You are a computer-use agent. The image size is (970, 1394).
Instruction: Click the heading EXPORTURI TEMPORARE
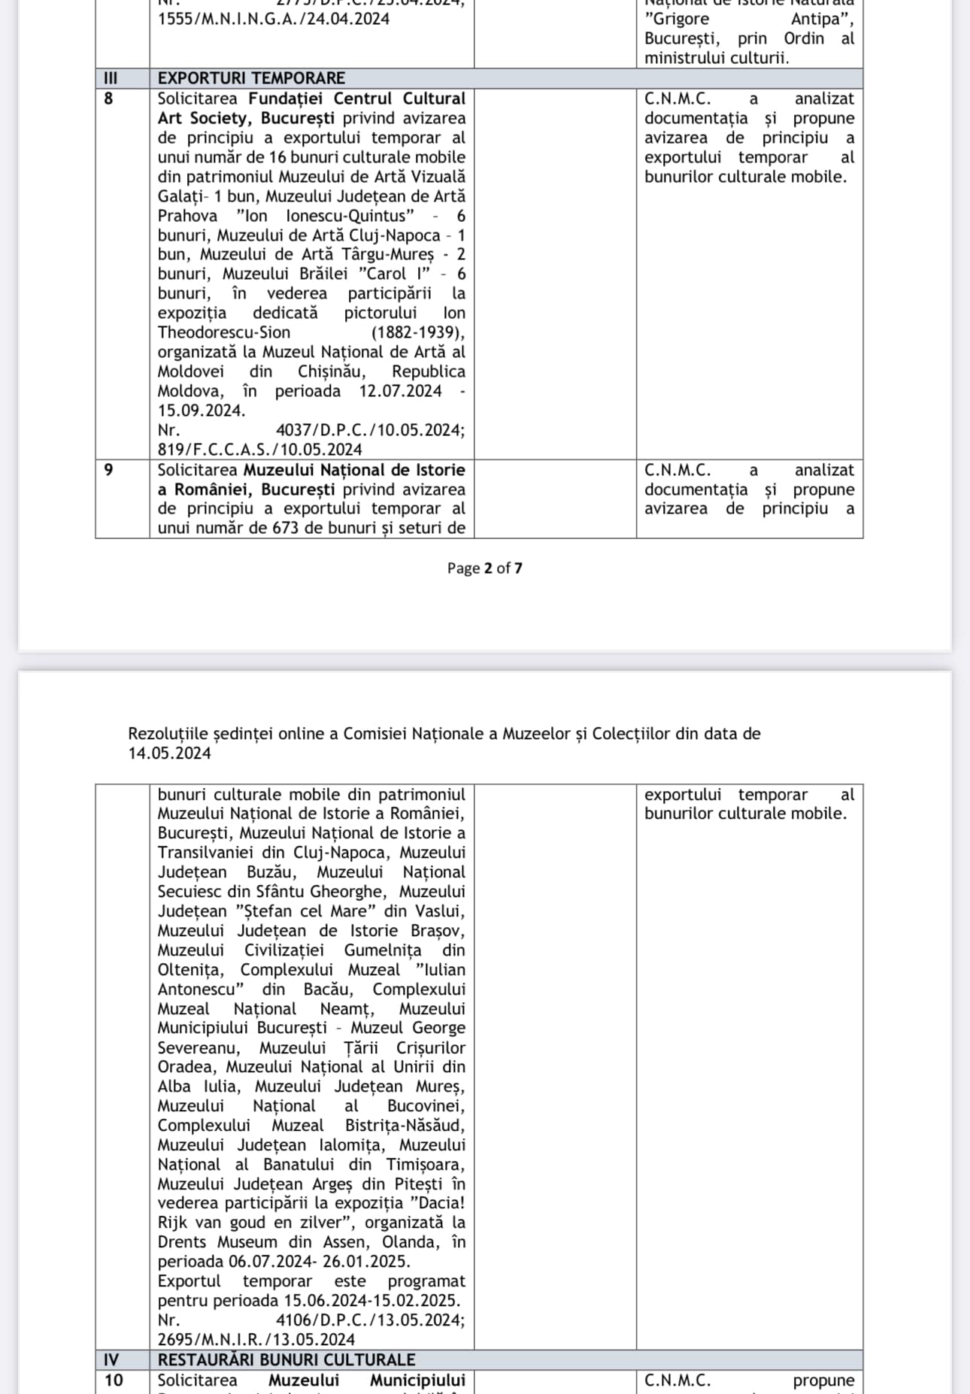(x=251, y=78)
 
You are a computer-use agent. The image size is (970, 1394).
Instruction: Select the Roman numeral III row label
(x=109, y=78)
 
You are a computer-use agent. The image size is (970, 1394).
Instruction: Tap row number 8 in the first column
(x=108, y=98)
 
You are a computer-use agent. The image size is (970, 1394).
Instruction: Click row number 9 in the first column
(x=108, y=470)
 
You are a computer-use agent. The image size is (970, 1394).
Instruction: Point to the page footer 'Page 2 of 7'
(x=484, y=568)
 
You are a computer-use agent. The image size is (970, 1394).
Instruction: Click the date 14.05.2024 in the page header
(x=169, y=753)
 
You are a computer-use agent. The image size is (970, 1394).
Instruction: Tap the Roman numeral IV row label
(x=111, y=1359)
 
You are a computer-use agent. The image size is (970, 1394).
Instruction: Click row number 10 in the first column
(x=114, y=1380)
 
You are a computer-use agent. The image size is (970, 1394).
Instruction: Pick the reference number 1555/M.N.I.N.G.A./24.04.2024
(x=274, y=19)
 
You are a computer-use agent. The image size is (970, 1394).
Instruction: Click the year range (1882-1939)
(x=418, y=332)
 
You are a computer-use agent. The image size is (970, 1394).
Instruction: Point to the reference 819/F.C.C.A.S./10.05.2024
(x=259, y=450)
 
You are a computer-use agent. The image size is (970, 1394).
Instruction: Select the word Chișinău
(x=332, y=371)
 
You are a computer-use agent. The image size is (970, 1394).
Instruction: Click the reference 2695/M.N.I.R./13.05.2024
(x=256, y=1339)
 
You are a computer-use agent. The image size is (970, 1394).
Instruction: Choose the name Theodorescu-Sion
(x=223, y=332)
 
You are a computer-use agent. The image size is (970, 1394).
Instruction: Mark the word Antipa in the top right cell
(x=821, y=19)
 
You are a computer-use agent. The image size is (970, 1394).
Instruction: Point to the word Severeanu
(x=198, y=1047)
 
